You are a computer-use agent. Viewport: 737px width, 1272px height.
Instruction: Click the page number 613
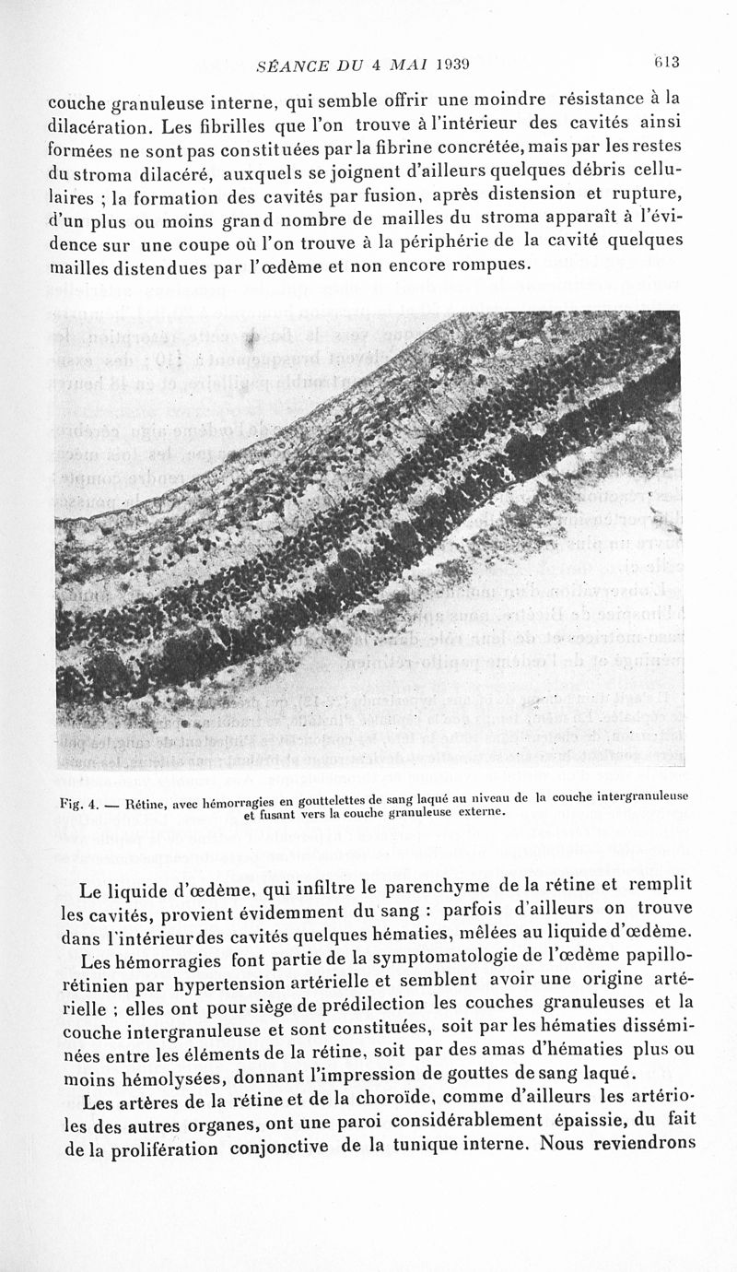665,63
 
